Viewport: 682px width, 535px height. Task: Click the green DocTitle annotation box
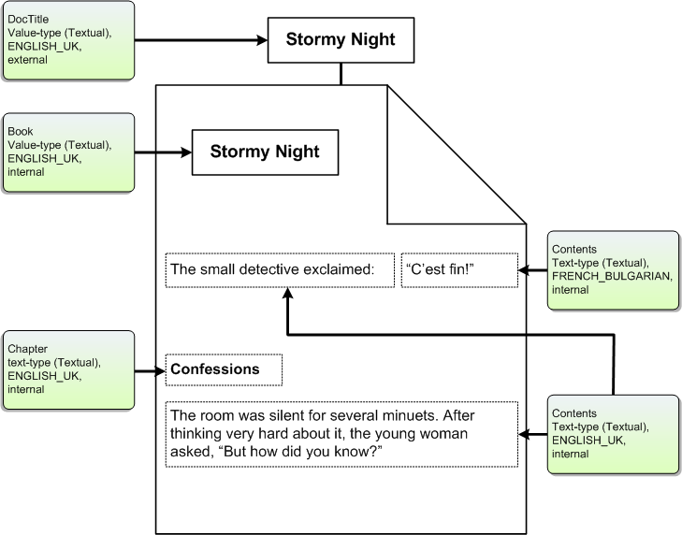click(x=68, y=40)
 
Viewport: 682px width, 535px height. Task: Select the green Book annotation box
click(x=68, y=152)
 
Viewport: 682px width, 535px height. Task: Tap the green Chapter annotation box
click(x=68, y=370)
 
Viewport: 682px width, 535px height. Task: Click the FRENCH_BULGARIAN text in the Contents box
click(x=612, y=276)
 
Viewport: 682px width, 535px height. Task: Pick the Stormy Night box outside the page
click(x=341, y=40)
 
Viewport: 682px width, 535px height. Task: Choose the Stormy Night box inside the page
click(x=266, y=152)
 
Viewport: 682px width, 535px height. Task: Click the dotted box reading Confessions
click(x=224, y=369)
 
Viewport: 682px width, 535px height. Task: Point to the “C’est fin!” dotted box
click(x=459, y=270)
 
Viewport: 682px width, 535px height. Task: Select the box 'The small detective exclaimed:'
click(x=280, y=270)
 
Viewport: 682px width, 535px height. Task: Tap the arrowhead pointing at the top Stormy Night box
click(x=262, y=40)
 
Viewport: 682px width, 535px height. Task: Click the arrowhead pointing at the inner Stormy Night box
click(x=186, y=152)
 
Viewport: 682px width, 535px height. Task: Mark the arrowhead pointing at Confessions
click(x=161, y=371)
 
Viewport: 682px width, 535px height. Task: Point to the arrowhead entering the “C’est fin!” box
click(x=524, y=270)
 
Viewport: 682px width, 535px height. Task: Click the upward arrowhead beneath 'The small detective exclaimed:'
click(x=287, y=293)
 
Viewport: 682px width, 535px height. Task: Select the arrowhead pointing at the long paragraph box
click(x=524, y=434)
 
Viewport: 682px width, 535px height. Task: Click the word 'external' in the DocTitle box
click(x=27, y=60)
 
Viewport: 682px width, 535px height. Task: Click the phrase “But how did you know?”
click(x=302, y=452)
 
